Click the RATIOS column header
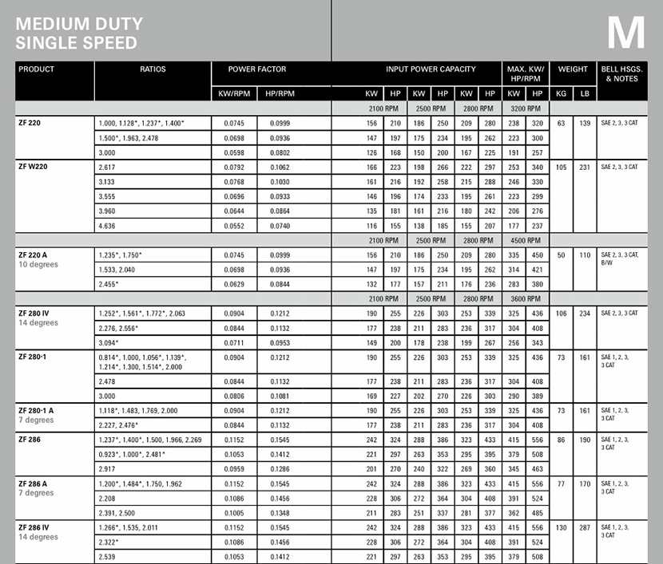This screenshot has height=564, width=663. coord(153,69)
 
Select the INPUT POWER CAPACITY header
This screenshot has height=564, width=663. coord(431,69)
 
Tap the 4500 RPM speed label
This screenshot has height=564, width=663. coord(525,240)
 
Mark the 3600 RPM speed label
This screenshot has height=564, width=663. coord(525,298)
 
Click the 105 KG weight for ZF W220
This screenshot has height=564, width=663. coord(561,167)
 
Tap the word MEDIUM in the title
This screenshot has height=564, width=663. coord(53,24)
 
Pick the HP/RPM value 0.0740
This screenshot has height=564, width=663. coord(280,227)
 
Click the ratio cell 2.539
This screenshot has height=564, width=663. coord(106,557)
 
